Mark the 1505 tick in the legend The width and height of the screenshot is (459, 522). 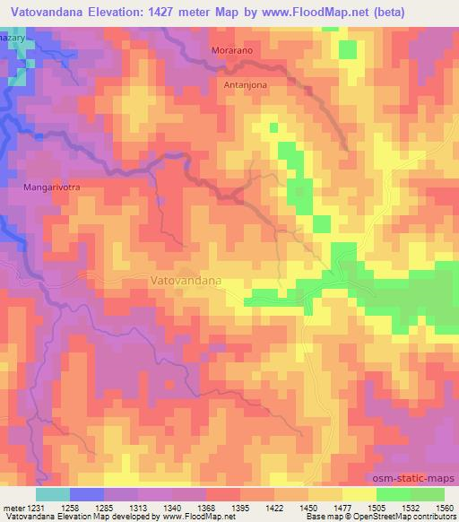(x=373, y=508)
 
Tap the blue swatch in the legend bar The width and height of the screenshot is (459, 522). (x=86, y=494)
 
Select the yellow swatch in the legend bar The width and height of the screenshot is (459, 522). (x=359, y=494)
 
